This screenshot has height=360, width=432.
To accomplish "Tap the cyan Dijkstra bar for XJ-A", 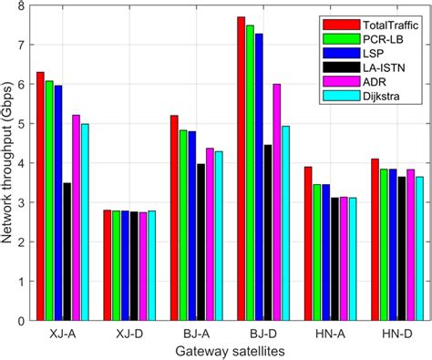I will point(86,222).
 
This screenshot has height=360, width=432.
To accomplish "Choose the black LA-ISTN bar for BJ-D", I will point(267,232).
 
